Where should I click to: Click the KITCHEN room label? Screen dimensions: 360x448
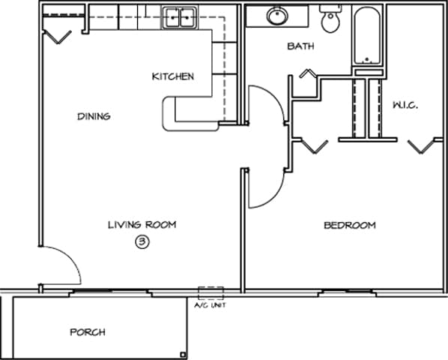tap(173, 76)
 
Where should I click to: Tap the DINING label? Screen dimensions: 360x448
tap(94, 116)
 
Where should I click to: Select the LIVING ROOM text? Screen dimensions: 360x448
tap(142, 225)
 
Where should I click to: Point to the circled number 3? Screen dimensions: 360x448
tap(142, 241)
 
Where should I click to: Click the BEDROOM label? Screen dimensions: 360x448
tap(349, 226)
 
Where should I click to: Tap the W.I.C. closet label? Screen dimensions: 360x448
tap(405, 106)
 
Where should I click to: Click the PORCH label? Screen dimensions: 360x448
tap(88, 332)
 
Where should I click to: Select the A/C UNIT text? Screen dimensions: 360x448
tap(210, 305)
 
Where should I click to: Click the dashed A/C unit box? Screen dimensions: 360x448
tap(211, 293)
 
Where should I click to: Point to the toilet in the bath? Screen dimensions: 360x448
tap(330, 19)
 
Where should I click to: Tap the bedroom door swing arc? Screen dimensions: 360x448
tap(266, 187)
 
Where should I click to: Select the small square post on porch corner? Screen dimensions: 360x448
tap(184, 354)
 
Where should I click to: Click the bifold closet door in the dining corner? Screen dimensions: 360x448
tap(56, 34)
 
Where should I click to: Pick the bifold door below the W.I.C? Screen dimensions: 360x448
tap(424, 145)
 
